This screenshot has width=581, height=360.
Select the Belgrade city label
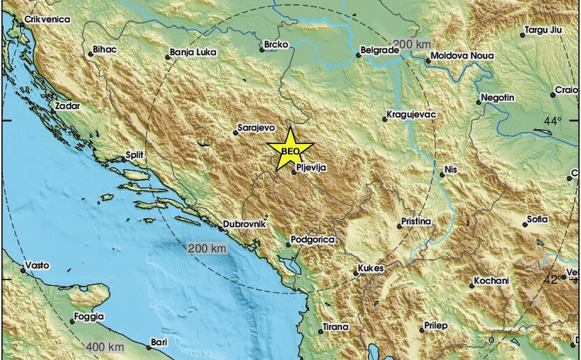[x=378, y=50]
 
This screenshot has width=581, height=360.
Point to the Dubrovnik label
[x=245, y=225]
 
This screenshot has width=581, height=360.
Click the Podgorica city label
[x=314, y=240]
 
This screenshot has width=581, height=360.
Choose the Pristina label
[x=416, y=222]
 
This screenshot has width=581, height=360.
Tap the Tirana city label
[x=336, y=326]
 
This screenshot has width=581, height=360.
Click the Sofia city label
[x=538, y=219]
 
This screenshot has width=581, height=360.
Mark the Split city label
[x=134, y=154]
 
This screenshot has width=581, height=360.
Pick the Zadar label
[x=67, y=106]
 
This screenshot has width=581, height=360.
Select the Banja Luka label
[x=193, y=52]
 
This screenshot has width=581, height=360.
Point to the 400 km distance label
[x=106, y=347]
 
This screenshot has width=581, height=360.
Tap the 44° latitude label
[x=552, y=122]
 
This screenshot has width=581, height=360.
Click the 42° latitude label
[x=552, y=280]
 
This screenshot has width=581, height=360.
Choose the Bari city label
[x=159, y=343]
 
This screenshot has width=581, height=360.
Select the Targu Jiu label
[x=544, y=32]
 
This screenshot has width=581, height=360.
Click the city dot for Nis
[x=441, y=175]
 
